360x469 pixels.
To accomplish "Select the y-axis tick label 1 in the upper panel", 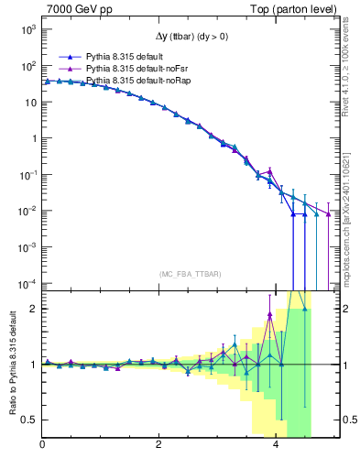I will [x=33, y=138].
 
